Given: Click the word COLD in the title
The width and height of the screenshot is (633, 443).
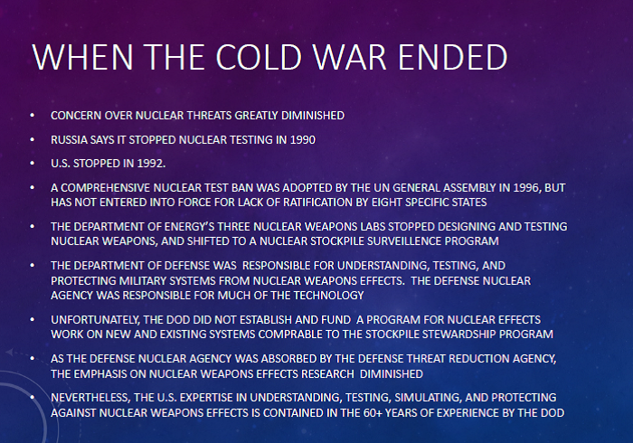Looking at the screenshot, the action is (259, 57).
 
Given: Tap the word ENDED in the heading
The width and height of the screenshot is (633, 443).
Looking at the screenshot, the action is (452, 57).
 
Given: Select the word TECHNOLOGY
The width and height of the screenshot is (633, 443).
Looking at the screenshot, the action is (328, 296).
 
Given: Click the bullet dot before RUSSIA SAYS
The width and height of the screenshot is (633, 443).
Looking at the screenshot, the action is (33, 139).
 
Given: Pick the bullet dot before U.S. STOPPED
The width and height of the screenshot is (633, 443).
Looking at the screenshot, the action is (33, 164).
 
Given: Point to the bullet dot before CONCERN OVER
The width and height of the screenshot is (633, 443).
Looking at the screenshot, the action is (33, 116).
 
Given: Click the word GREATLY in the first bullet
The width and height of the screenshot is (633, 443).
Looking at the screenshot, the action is (256, 116).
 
